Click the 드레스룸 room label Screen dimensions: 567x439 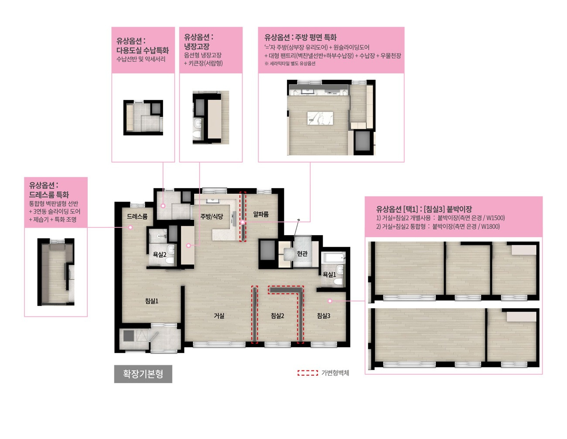click(137, 216)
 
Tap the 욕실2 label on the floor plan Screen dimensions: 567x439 click(160, 254)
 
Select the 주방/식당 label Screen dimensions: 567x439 click(212, 216)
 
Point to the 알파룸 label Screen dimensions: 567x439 click(261, 214)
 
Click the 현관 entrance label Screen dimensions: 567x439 click(302, 254)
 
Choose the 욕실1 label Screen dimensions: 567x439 click(329, 274)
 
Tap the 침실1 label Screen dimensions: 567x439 click(152, 301)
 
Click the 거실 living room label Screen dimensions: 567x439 click(219, 316)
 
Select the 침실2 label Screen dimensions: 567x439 click(277, 316)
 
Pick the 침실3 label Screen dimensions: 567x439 click(324, 316)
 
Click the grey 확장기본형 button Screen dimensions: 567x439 click(143, 374)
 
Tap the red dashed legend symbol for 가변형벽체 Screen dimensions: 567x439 click(307, 373)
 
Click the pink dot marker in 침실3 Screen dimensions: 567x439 click(330, 301)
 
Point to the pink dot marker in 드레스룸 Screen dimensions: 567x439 click(130, 227)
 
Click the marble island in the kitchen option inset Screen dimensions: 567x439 click(320, 118)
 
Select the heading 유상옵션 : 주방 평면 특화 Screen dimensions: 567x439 click(301, 38)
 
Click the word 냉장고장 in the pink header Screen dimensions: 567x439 click(197, 46)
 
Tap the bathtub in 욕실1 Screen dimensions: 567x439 click(333, 257)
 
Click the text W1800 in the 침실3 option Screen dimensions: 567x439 click(490, 226)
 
